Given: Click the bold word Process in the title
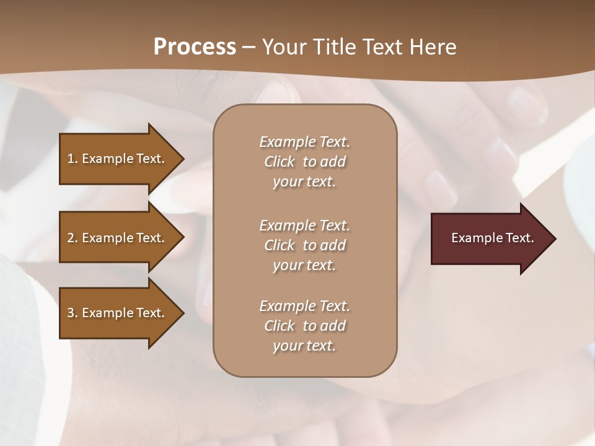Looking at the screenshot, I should pos(195,47).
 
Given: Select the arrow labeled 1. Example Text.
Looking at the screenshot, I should pos(118,159).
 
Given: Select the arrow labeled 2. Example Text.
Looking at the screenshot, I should pos(118,238).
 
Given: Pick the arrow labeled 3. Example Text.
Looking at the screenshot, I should pos(118,313).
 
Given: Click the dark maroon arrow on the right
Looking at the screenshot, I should pos(490,238).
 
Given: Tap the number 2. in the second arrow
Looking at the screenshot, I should pos(73,238).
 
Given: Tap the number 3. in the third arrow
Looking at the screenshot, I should pos(73,313).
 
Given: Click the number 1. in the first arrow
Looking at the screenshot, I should pos(73,159).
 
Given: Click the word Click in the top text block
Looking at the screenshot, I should pos(280,162).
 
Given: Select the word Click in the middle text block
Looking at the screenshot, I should pos(280,245).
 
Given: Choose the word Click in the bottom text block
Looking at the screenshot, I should pos(280,326).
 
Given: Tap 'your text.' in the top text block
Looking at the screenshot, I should pos(304,182).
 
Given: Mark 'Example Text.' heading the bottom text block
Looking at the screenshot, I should pos(304,306).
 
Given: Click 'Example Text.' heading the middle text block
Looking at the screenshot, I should pos(304,225).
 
